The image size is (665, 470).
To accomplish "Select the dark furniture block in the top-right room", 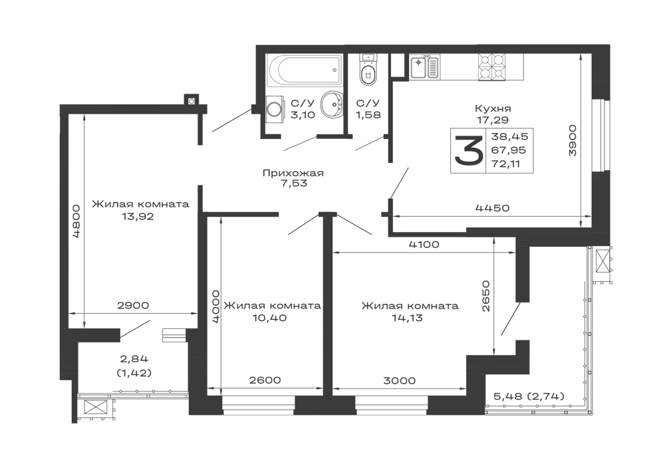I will point(491,150).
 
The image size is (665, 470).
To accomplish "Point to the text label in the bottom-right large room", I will point(410,310).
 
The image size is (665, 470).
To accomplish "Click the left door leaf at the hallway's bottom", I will point(302,223).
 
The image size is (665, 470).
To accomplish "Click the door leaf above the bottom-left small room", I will point(136,327).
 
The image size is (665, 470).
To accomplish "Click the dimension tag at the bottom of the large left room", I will point(132,303).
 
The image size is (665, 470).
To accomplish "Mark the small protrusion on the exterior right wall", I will point(608,265).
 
